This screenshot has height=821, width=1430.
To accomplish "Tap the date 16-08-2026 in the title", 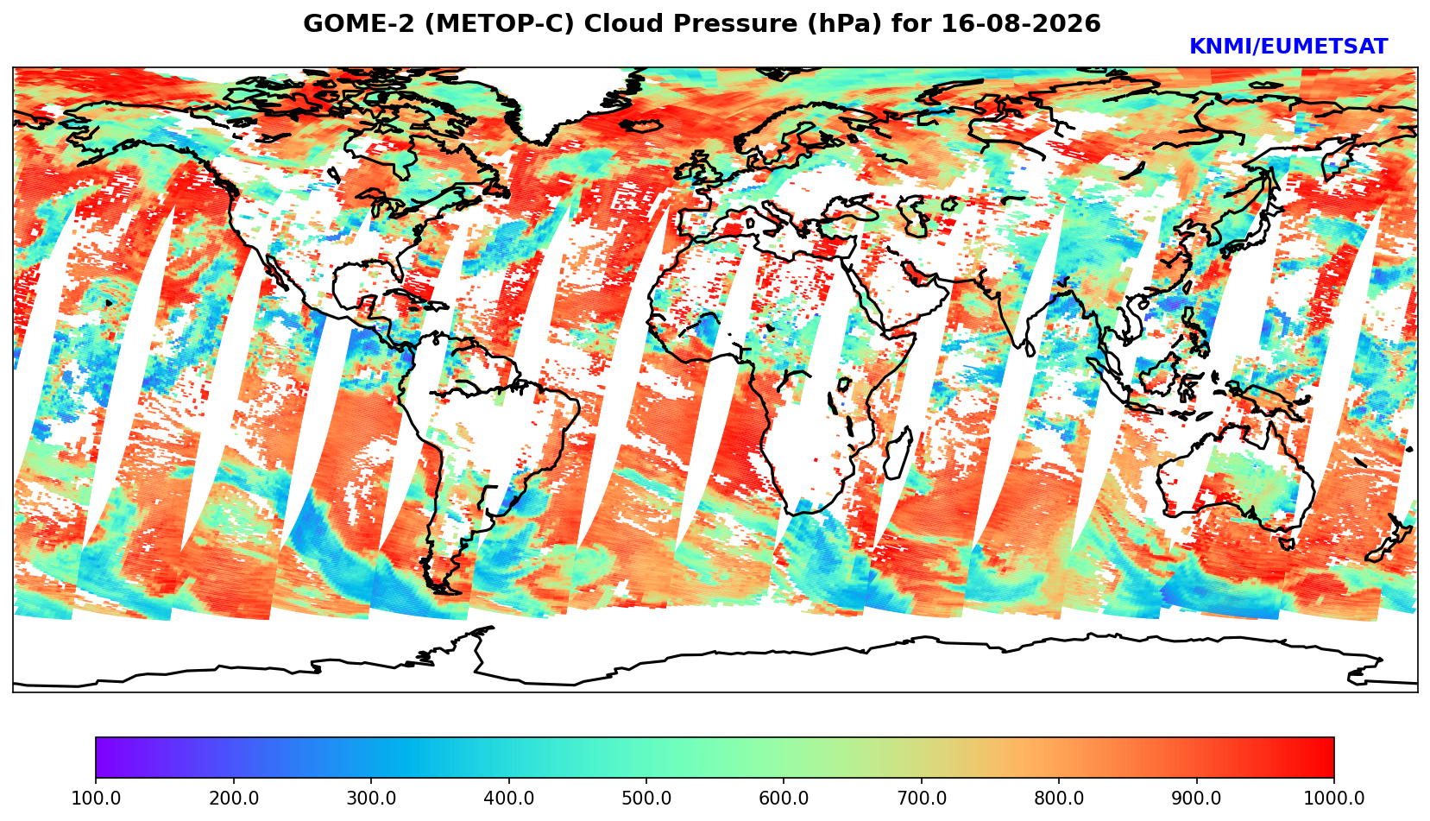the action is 1021,23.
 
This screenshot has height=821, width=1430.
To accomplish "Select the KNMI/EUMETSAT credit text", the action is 1288,47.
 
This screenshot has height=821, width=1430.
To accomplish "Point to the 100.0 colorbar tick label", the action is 96,798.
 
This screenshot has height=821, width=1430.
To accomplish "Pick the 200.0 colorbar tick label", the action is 234,798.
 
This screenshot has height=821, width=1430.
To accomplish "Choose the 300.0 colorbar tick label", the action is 371,798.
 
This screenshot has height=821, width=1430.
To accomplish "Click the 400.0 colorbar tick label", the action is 509,798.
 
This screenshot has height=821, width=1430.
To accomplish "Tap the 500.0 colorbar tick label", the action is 646,798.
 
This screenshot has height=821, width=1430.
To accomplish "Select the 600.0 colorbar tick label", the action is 784,798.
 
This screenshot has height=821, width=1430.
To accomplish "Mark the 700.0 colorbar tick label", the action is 921,798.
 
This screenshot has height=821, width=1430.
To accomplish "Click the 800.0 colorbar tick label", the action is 1059,798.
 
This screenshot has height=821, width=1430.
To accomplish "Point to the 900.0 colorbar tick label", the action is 1196,798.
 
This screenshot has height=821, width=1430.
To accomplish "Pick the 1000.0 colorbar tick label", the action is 1334,798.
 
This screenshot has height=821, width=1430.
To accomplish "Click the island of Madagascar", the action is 899,453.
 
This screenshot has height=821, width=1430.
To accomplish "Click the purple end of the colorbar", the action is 101,757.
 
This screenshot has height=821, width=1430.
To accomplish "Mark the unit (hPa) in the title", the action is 845,24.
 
